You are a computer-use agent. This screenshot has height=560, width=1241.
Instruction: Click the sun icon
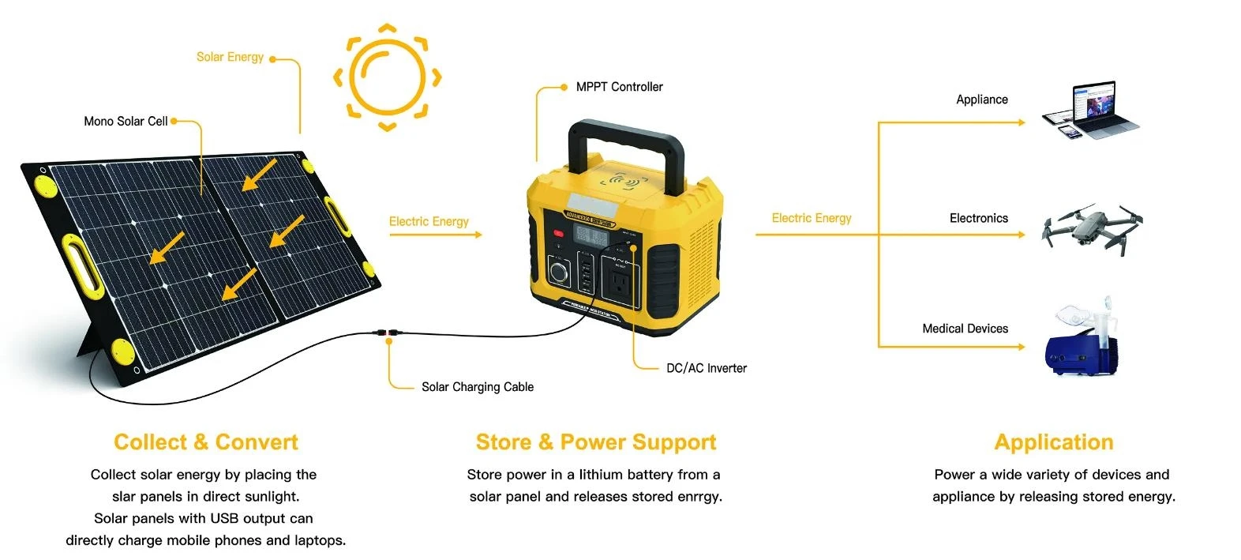coord(387,77)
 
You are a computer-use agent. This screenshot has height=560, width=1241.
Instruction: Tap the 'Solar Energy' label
coord(230,57)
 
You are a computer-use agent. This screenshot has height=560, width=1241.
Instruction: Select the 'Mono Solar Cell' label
coord(126,121)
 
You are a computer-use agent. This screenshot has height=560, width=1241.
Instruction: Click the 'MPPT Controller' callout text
coord(619,87)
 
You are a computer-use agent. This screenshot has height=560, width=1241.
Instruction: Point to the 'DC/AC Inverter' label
coord(706,368)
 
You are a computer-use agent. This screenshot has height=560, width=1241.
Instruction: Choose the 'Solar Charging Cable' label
coord(477,387)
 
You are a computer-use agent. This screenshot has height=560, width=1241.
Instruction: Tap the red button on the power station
coord(558,233)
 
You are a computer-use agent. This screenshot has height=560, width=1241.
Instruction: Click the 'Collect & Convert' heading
coord(206,442)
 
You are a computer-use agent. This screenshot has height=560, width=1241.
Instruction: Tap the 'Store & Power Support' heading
coord(596,442)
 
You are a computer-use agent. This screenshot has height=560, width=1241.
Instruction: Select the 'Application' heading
coord(1054,442)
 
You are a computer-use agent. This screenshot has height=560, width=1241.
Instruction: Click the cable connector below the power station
coord(388,334)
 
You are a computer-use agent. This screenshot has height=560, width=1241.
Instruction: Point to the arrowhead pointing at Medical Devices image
coord(1021,347)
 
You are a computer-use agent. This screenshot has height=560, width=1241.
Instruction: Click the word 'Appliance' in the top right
coord(981,100)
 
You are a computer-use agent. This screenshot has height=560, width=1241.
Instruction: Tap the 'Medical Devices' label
coord(965,329)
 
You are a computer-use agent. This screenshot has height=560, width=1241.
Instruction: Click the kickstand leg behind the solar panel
coord(89,340)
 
